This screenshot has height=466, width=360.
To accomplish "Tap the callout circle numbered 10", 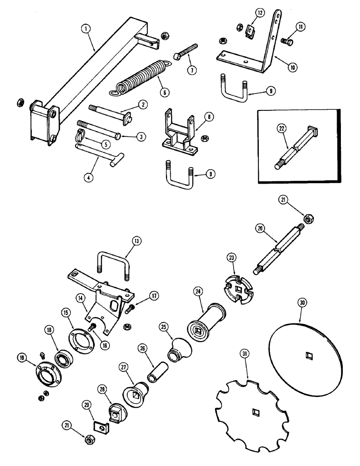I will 293,68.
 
